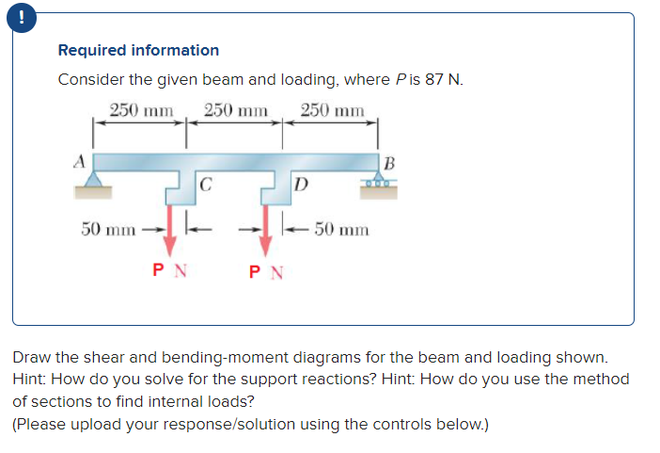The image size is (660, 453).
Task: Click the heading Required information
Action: pyautogui.click(x=138, y=50)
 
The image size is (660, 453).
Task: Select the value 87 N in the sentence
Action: pyautogui.click(x=443, y=79)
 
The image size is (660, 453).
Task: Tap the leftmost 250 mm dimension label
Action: pyautogui.click(x=142, y=109)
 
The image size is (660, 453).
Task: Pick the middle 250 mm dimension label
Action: pyautogui.click(x=236, y=109)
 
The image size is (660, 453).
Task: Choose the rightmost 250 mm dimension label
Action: pyautogui.click(x=332, y=109)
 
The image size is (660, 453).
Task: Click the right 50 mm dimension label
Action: pyautogui.click(x=341, y=229)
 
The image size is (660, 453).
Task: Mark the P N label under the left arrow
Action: pyautogui.click(x=170, y=271)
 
